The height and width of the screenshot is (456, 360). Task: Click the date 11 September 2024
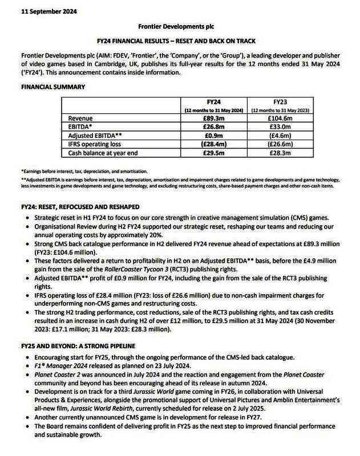tap(41, 11)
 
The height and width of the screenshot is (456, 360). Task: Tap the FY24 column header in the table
tap(213, 101)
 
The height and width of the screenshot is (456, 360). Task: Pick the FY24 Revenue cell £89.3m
tap(213, 118)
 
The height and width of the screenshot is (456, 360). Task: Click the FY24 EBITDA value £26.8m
tap(213, 127)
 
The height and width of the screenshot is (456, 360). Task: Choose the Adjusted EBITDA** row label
tap(94, 136)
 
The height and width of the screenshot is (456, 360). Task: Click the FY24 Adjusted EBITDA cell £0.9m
tap(213, 136)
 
